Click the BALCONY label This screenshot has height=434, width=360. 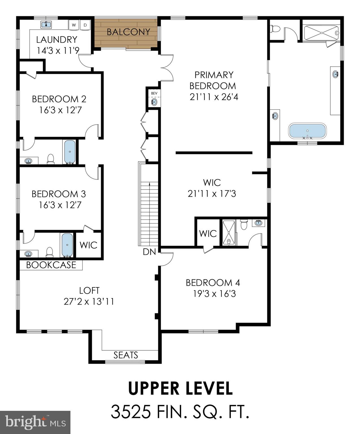pos(128,32)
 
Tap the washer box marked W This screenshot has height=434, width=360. pos(74,25)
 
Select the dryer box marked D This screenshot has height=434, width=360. pos(85,25)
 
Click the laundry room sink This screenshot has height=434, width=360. pos(46,25)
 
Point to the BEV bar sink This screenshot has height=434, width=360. pos(154,102)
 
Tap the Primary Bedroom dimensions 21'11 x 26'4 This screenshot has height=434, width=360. pos(214,97)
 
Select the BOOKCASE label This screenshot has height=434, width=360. pos(51,265)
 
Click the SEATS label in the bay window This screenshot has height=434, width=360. pos(126,355)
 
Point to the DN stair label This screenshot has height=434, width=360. pos(149,252)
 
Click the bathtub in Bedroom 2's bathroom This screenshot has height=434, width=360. pos(70,151)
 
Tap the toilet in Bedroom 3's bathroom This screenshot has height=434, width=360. pos(49,252)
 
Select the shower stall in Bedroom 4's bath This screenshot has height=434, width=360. pos(228,233)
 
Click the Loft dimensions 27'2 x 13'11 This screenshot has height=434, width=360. pos(89,301)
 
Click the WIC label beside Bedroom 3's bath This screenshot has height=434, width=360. pos(88,245)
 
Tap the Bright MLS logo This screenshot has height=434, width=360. pos(35,422)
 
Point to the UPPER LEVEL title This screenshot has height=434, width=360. pos(180,388)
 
